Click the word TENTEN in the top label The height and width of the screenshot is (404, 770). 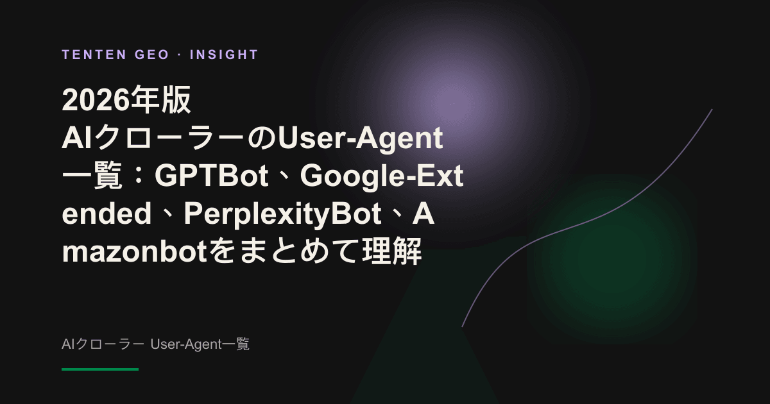pos(94,55)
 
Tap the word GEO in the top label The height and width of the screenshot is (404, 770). pos(152,55)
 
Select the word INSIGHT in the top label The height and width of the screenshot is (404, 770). pos(224,55)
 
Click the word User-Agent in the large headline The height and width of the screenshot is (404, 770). pos(360,139)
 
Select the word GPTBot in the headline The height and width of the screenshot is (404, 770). pos(211,176)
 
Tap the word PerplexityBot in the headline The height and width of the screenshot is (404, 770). pos(282,214)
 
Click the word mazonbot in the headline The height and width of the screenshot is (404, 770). pos(134,251)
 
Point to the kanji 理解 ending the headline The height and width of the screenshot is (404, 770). pos(392,251)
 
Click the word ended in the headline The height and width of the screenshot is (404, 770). pos(107,214)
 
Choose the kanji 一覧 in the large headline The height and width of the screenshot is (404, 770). pos(92,176)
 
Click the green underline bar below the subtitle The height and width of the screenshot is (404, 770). pos(100,369)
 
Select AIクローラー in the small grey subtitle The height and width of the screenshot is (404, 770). pos(103,344)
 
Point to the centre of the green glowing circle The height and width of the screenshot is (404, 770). pos(611,259)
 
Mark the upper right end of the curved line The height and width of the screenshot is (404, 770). pos(712,110)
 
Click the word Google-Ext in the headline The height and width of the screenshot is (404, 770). pos(382,176)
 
